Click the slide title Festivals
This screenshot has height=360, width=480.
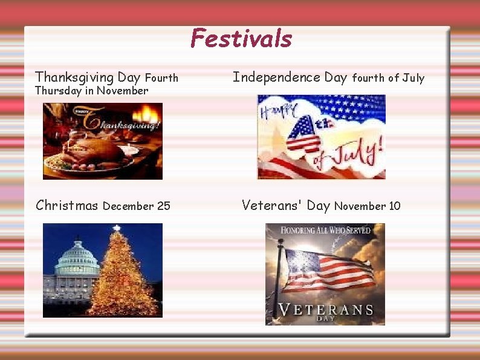point(241,39)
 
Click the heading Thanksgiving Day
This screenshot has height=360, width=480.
point(88,77)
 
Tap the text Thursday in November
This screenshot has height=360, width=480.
point(91,91)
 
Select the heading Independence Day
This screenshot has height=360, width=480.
point(290,77)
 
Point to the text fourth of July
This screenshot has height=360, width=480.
point(388,78)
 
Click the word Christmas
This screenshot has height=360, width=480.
point(66,206)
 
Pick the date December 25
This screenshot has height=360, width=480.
point(137,206)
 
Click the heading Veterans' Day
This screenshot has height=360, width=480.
point(285,206)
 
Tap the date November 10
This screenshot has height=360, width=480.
point(367,206)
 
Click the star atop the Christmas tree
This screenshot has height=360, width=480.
point(117,228)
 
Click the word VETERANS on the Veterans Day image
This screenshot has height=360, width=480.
point(325,310)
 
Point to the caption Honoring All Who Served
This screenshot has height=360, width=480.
point(325,231)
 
